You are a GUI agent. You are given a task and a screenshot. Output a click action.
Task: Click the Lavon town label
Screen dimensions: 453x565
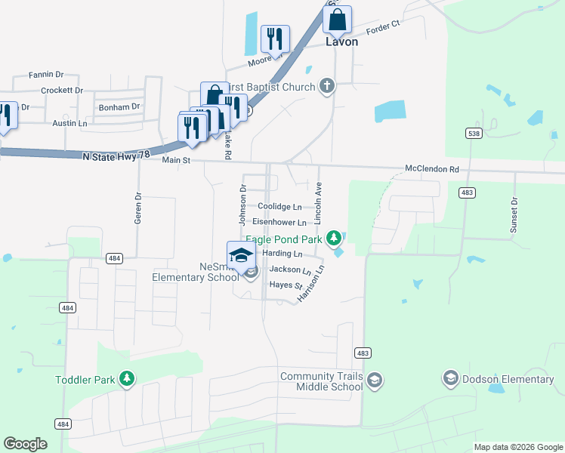[341, 42]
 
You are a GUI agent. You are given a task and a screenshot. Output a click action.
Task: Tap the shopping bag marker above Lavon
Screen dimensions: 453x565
[337, 20]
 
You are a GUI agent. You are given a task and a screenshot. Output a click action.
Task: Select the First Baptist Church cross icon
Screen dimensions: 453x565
[326, 85]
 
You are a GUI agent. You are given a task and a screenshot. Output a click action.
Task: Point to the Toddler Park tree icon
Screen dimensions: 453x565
[128, 378]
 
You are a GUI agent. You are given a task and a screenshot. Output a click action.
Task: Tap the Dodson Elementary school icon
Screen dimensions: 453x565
[450, 378]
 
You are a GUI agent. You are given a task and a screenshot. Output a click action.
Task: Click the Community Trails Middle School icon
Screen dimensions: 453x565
[375, 381]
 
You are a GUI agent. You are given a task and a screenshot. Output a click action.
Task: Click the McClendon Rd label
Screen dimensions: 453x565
[432, 169]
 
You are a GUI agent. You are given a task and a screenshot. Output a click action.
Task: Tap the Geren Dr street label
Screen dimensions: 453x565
[138, 205]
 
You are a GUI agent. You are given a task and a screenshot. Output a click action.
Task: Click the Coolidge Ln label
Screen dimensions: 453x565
[279, 206]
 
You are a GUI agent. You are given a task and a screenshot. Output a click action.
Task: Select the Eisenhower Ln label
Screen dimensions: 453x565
[279, 223]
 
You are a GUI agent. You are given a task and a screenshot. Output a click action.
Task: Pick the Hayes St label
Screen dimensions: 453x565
[286, 285]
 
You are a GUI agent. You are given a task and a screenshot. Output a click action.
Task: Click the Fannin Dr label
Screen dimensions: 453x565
[45, 75]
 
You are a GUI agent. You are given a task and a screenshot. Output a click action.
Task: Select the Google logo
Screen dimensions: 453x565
[25, 444]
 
